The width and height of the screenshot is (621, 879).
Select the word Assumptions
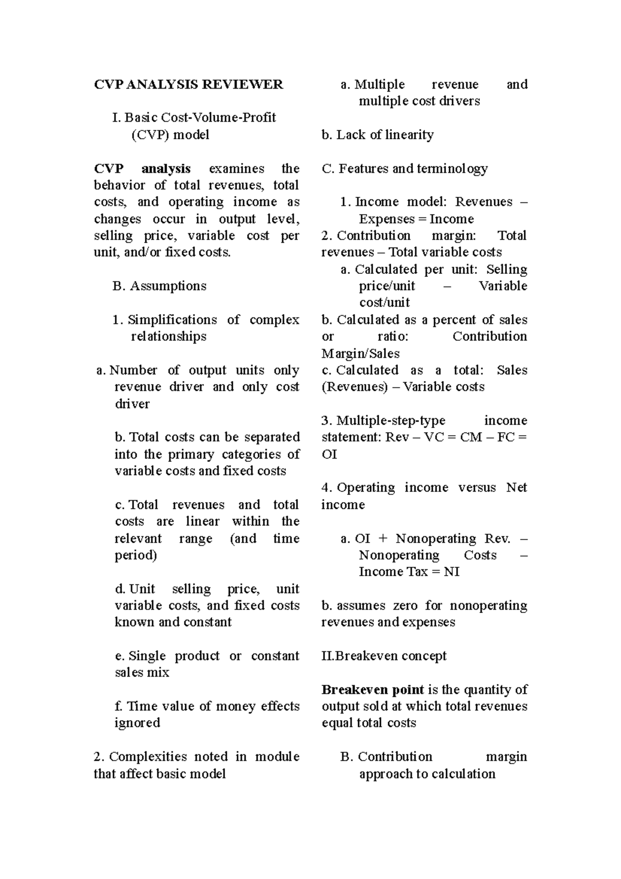pos(168,286)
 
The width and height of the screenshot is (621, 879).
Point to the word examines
pos(236,168)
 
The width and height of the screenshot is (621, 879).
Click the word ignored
pos(137,723)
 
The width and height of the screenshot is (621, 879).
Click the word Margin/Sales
pos(360,354)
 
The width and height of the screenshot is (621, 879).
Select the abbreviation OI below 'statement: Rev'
pos(329,454)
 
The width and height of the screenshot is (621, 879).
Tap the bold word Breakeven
pos(351,690)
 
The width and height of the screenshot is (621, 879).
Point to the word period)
pos(136,555)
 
